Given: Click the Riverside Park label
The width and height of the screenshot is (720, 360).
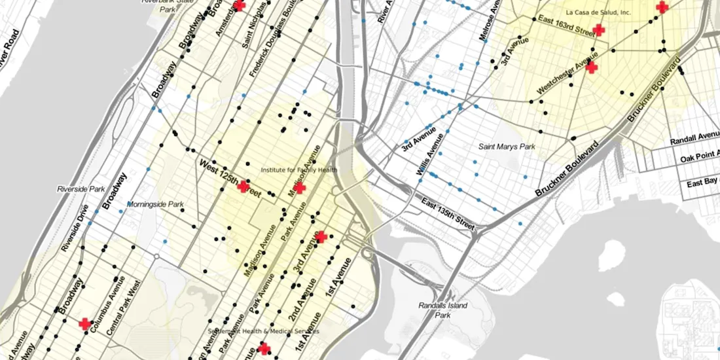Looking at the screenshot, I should (81, 189).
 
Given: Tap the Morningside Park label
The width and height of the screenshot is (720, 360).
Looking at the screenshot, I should (155, 204).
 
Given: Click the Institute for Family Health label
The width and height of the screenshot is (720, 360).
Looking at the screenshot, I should (299, 170).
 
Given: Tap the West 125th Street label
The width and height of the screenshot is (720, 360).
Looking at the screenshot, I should (230, 179).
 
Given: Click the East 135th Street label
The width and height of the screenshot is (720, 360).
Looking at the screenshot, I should (447, 213).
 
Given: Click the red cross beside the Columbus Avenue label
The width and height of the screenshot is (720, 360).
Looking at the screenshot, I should (85, 324).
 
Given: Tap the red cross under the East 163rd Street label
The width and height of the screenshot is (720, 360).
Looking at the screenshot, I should (598, 30).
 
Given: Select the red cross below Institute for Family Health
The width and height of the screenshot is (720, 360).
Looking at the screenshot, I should (300, 188).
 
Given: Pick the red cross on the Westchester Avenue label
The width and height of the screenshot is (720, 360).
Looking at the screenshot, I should (591, 67).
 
